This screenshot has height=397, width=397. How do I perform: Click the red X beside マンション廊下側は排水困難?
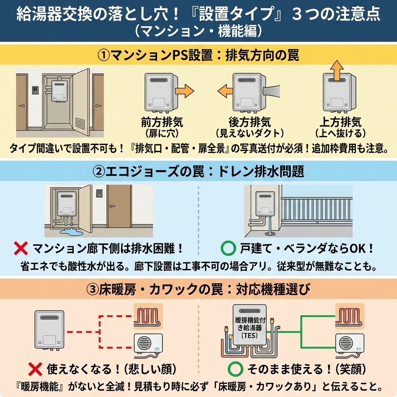click(20, 248)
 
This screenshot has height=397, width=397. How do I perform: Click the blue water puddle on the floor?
click(74, 232)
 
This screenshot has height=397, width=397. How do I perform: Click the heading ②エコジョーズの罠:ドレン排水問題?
click(198, 172)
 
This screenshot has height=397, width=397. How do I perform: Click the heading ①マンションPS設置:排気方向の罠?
click(198, 55)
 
